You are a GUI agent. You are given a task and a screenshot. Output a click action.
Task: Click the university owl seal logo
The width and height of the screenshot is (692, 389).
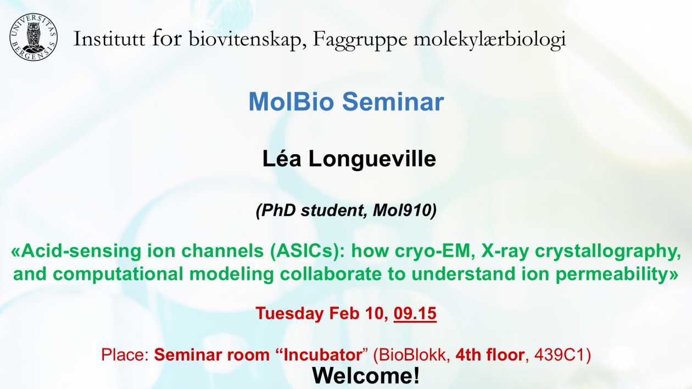pyautogui.click(x=34, y=37)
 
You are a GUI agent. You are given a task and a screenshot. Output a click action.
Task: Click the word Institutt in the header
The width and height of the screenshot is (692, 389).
pyautogui.click(x=109, y=39)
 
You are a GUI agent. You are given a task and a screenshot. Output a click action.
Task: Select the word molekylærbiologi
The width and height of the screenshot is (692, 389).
pyautogui.click(x=490, y=41)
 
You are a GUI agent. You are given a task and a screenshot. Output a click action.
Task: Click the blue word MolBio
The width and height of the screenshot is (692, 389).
pyautogui.click(x=291, y=102)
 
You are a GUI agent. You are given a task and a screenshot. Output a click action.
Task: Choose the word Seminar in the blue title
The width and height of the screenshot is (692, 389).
pyautogui.click(x=393, y=102)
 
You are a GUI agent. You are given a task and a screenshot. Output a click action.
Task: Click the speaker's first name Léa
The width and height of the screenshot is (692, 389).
pyautogui.click(x=281, y=159)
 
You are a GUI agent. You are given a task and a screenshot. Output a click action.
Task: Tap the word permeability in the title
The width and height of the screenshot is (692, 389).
pyautogui.click(x=612, y=274)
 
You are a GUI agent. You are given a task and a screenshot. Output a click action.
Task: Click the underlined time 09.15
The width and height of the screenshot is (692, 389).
pyautogui.click(x=415, y=313)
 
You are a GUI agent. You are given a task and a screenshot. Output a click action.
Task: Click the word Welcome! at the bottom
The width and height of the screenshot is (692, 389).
pyautogui.click(x=366, y=375)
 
